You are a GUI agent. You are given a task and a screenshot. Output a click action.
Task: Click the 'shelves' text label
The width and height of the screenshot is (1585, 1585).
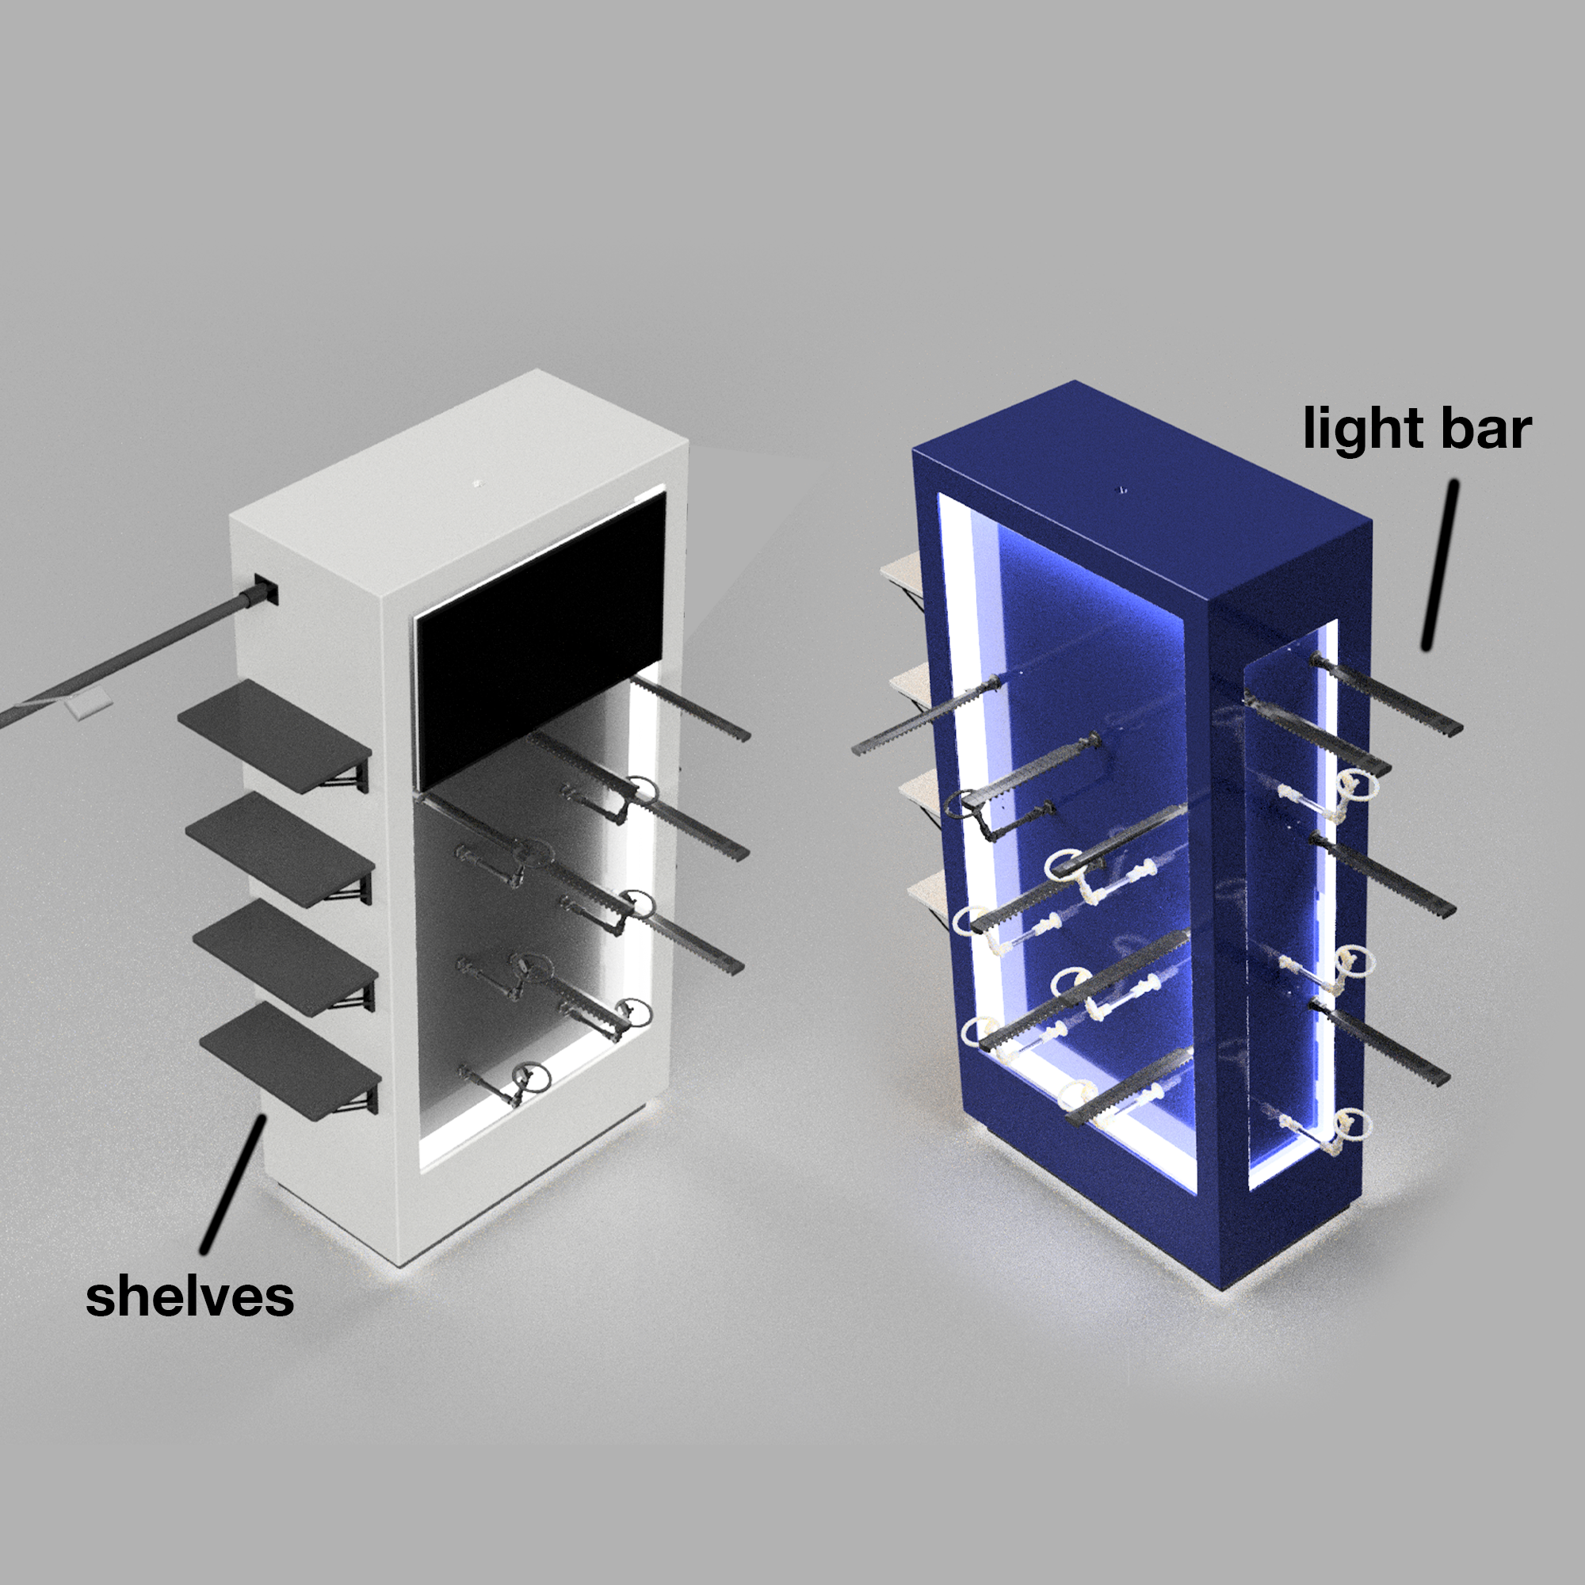click(189, 1297)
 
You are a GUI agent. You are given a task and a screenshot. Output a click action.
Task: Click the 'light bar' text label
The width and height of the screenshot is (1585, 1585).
click(1417, 429)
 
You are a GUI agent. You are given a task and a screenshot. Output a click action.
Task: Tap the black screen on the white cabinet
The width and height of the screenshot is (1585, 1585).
click(539, 636)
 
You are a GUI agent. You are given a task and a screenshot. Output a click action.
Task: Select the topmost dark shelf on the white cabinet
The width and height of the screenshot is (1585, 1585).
click(273, 735)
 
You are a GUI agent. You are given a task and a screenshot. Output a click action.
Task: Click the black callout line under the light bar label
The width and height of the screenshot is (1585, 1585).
click(1441, 566)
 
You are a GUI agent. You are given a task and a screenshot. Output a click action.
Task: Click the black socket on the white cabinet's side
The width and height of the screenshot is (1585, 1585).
click(266, 590)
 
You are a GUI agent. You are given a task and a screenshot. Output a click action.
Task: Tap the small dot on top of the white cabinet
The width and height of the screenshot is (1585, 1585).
click(475, 483)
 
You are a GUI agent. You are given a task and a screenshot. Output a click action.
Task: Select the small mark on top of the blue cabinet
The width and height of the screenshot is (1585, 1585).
click(1123, 490)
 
